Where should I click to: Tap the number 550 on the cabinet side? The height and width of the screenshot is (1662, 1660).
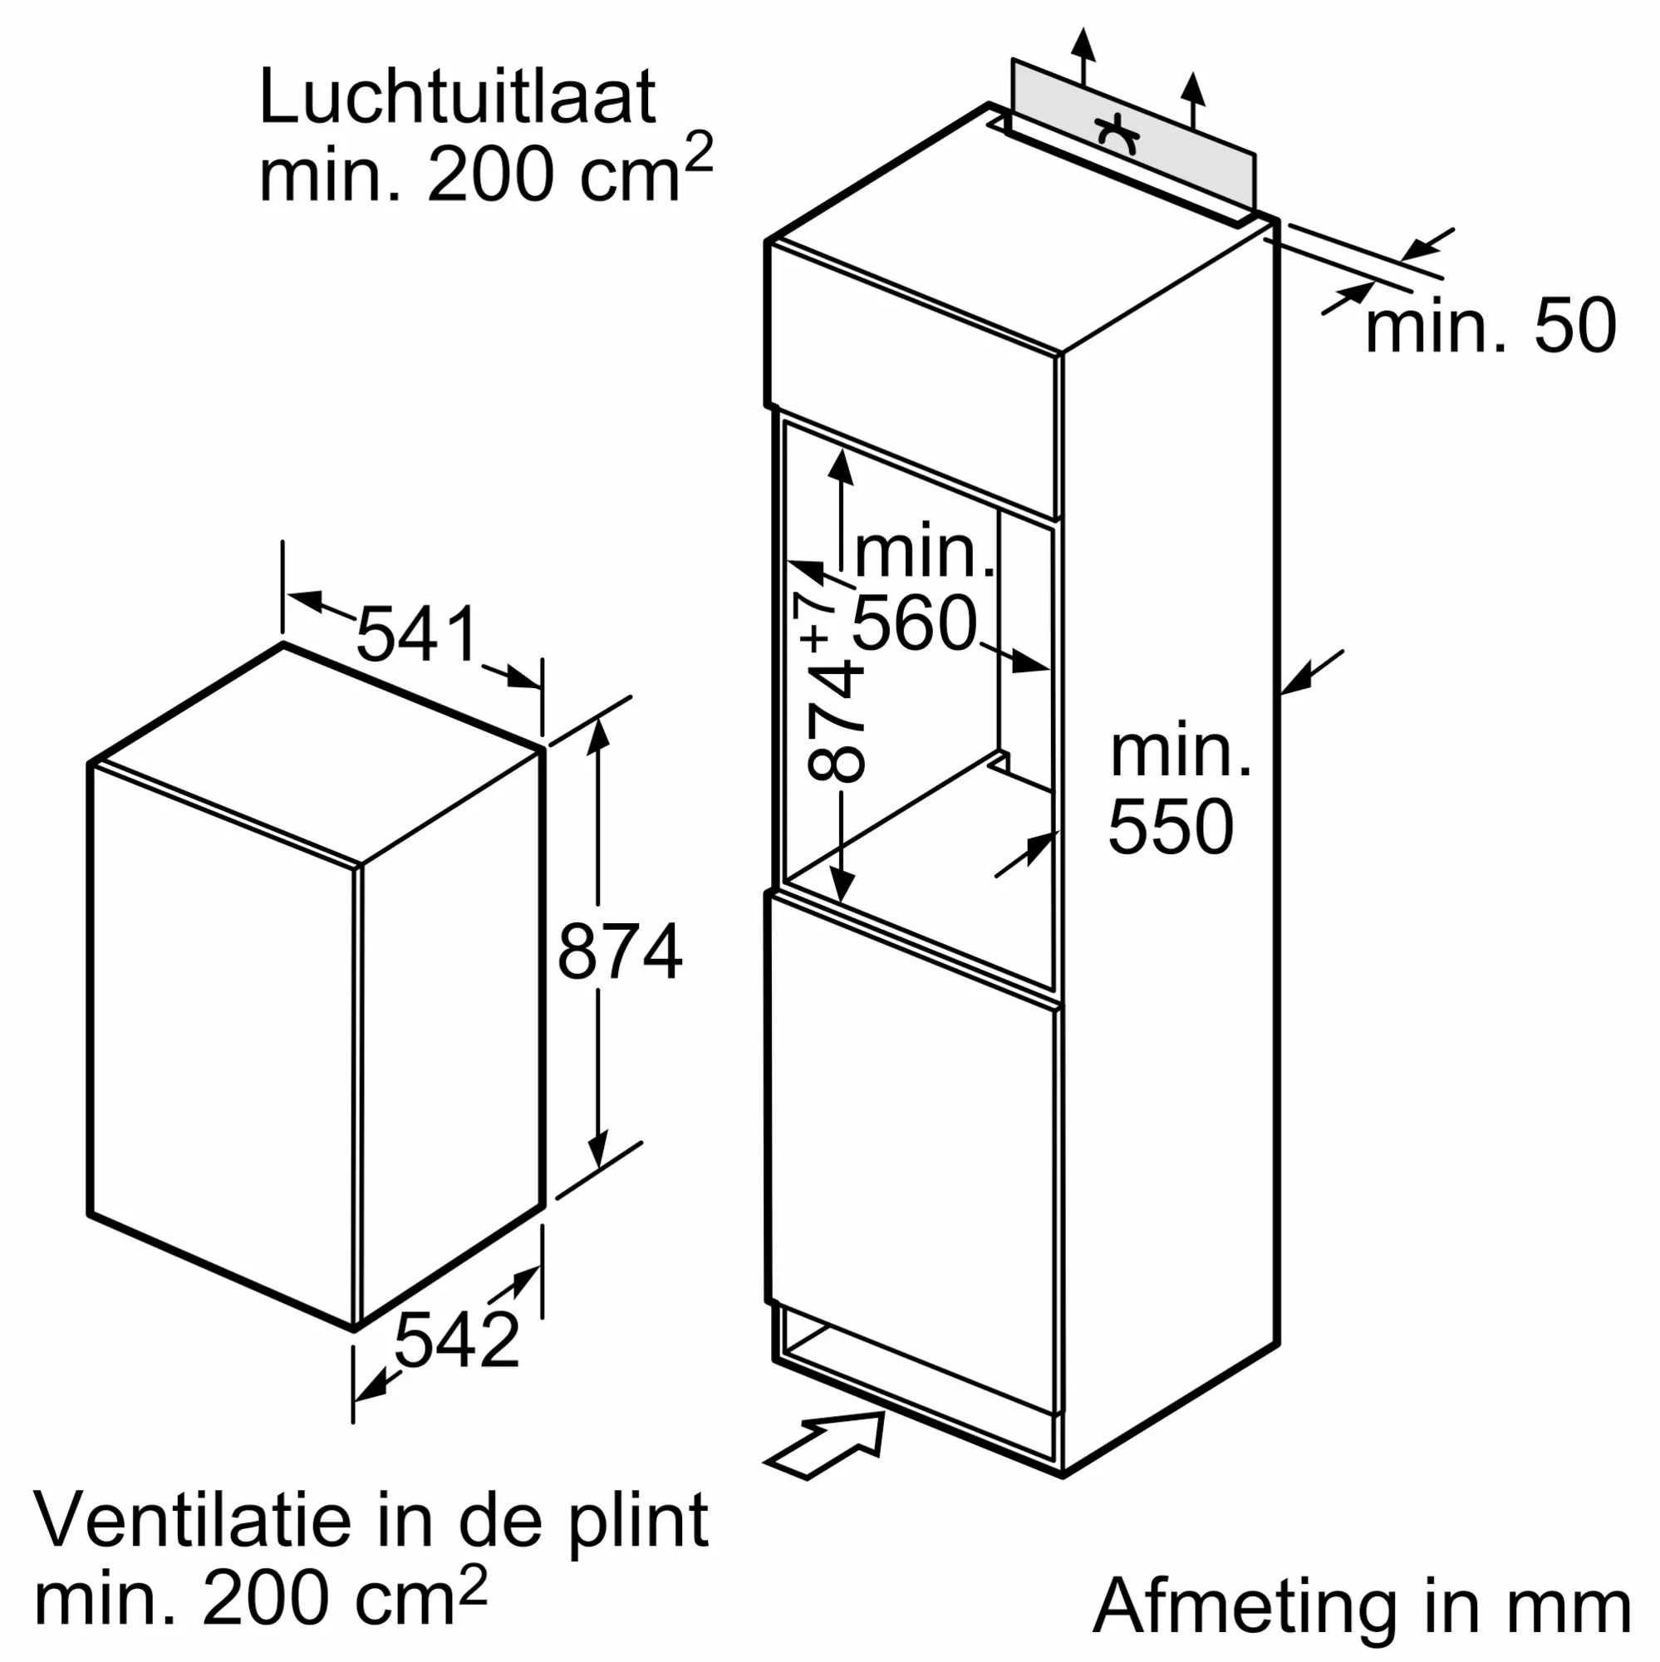coord(1171,827)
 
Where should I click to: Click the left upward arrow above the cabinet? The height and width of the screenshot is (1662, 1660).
coord(1083,57)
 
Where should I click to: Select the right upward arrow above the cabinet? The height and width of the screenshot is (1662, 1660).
coord(1192,100)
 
